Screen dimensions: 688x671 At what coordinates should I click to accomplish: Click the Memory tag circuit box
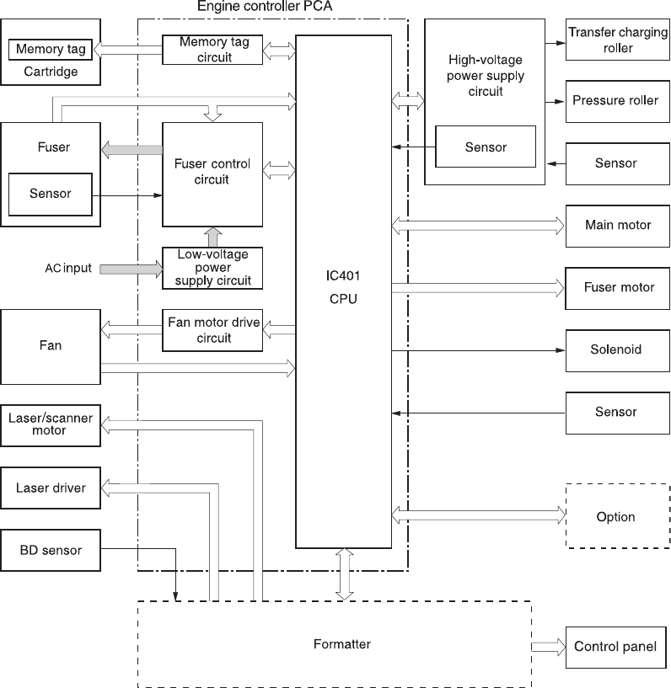(x=212, y=50)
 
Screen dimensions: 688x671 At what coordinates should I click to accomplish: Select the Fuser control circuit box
(x=212, y=173)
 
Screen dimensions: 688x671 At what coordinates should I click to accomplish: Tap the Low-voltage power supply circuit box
(x=212, y=268)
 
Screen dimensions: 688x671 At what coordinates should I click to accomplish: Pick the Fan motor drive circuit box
(x=212, y=330)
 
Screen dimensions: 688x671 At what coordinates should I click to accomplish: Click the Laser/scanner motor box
(x=51, y=424)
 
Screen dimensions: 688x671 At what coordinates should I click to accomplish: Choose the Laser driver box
(x=51, y=488)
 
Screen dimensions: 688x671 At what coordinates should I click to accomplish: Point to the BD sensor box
(x=51, y=550)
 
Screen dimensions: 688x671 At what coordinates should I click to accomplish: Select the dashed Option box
(x=616, y=516)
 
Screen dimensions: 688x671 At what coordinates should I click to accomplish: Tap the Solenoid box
(x=616, y=349)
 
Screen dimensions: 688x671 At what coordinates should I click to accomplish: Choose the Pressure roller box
(x=616, y=101)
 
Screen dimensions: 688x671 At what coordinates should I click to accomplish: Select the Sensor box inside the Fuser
(x=51, y=194)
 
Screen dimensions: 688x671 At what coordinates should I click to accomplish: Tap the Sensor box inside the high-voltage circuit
(x=486, y=147)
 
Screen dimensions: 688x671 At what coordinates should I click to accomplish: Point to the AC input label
(x=69, y=269)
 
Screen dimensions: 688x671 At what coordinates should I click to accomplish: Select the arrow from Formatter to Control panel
(x=547, y=647)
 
